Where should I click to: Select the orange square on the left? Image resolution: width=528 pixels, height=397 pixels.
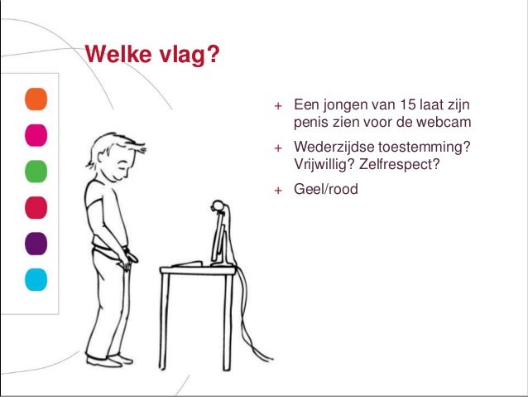36,98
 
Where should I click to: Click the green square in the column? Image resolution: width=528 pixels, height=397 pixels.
36,170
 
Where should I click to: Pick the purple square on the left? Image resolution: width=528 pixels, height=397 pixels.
36,242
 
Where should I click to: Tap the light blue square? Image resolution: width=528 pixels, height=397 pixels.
36,278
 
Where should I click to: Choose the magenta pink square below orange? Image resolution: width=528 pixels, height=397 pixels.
36,134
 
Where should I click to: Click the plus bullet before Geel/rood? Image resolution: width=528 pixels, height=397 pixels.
279,191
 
